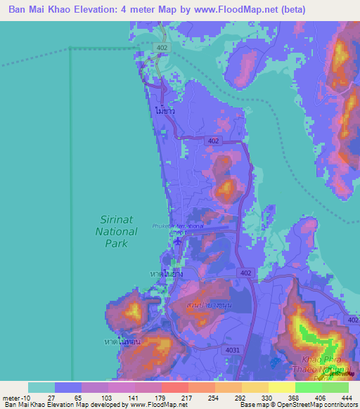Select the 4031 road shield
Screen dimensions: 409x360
(232, 349)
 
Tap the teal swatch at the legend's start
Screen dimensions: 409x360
(41, 387)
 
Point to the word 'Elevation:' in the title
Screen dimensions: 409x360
(101, 10)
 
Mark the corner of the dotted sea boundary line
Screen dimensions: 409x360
(70, 48)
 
